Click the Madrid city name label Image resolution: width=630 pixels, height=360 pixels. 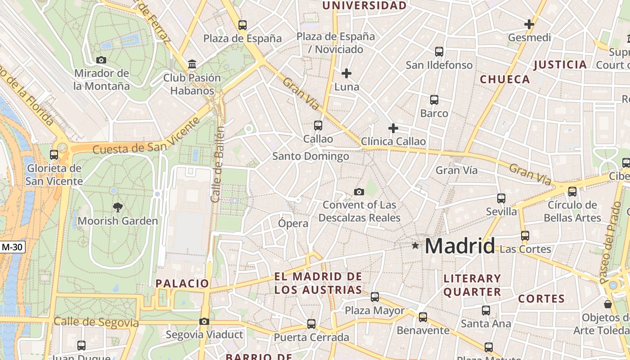[459, 246]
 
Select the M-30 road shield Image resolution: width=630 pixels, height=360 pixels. [12, 247]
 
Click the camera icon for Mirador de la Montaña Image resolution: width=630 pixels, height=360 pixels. [101, 60]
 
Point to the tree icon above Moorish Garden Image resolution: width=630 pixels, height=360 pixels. [118, 207]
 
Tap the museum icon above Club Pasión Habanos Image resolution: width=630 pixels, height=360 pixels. [192, 64]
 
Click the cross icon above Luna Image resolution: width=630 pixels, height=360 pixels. [346, 73]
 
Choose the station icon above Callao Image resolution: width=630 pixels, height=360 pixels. [318, 126]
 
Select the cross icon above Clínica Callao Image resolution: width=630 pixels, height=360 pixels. [393, 129]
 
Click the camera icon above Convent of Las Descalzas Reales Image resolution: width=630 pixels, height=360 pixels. [359, 192]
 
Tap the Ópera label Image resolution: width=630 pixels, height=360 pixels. [293, 223]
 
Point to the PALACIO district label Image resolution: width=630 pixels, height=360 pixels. [182, 283]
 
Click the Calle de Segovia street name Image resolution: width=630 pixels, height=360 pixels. [96, 322]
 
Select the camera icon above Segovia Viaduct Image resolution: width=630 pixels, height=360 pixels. [204, 322]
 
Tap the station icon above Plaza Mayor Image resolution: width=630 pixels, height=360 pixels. [375, 297]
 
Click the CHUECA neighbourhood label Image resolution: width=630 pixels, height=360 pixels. [505, 80]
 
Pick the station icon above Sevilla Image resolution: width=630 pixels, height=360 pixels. [501, 198]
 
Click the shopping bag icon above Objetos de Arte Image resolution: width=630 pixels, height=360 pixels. [608, 305]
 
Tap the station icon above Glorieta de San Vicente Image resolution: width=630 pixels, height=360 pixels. [54, 155]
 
